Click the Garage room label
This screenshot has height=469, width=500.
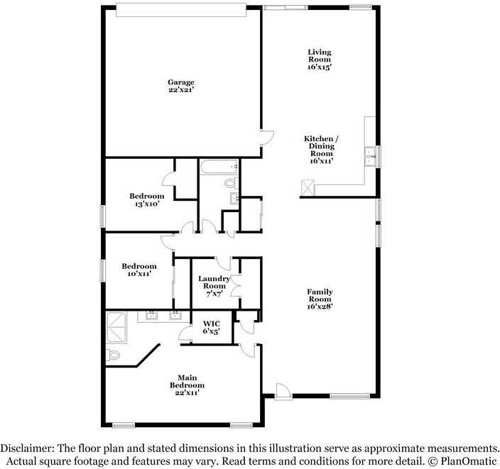(x=181, y=86)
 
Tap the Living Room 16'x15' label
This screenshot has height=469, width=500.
(x=320, y=60)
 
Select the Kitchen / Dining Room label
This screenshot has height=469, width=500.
(x=322, y=150)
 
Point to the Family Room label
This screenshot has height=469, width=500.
(x=320, y=299)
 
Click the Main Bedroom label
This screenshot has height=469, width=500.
(x=187, y=385)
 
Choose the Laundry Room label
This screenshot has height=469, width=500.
(x=214, y=286)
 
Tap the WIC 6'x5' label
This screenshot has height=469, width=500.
(x=212, y=328)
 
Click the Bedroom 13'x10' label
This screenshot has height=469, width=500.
(x=147, y=200)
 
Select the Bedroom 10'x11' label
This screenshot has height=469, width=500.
(x=139, y=270)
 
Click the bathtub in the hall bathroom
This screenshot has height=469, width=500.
(x=219, y=167)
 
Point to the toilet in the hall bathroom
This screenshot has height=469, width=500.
(x=232, y=183)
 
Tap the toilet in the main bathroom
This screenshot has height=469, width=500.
(x=112, y=355)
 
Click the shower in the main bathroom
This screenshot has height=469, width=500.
(x=116, y=328)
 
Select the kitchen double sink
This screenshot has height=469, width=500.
(x=370, y=157)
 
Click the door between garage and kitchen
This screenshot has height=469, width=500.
(x=267, y=138)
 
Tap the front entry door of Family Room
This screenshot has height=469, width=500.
(x=283, y=391)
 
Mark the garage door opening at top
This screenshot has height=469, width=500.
(x=181, y=10)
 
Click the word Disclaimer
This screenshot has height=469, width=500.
(x=28, y=448)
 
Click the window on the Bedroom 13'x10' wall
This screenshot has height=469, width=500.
(x=103, y=216)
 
